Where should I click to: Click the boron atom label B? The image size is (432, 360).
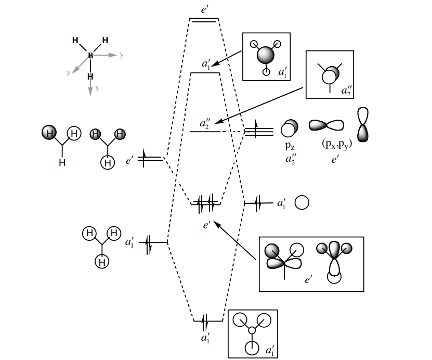(90, 55)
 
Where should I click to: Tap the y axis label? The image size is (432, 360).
(121, 55)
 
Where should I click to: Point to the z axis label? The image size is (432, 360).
(68, 73)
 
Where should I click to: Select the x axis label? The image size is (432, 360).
(97, 88)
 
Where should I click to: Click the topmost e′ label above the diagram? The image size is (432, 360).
(205, 9)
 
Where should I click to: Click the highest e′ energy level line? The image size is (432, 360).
(204, 20)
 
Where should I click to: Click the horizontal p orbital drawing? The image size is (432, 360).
(326, 125)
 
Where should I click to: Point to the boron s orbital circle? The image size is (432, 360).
(303, 202)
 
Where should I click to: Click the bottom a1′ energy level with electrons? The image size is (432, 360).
(208, 320)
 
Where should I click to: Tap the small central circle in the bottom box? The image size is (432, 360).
(252, 330)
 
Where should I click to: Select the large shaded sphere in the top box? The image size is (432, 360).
(266, 55)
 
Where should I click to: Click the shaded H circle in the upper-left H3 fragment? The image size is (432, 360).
(49, 133)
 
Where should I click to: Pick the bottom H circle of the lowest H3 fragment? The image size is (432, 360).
(102, 262)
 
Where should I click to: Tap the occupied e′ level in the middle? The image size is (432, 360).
(206, 203)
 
